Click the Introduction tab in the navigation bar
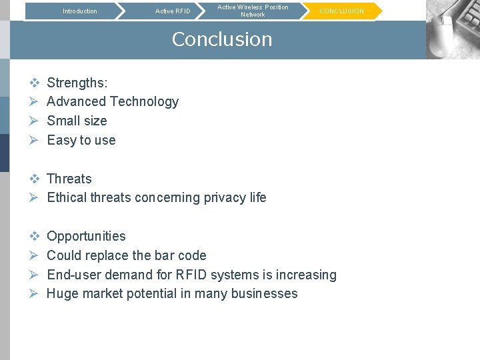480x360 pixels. (x=79, y=11)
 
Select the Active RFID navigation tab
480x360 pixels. (x=173, y=11)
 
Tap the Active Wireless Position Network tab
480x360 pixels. (x=253, y=11)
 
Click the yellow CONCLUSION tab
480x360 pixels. (x=341, y=11)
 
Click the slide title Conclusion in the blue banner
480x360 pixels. (x=222, y=39)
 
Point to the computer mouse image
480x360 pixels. (x=452, y=30)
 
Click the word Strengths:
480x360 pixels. (x=77, y=83)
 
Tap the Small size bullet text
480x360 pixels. (x=77, y=121)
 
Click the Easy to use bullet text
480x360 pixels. (x=81, y=140)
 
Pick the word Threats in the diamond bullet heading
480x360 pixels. (x=69, y=179)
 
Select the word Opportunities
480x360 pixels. (x=86, y=236)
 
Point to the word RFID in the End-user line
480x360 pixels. (x=191, y=275)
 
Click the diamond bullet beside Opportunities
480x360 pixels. (x=35, y=236)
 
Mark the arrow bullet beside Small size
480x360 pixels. (x=35, y=121)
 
